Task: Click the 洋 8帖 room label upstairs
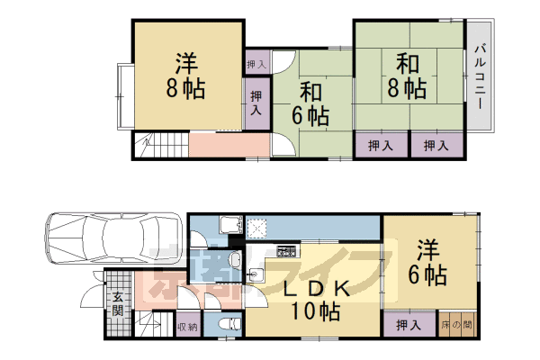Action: tap(186, 76)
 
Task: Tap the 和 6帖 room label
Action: tap(310, 104)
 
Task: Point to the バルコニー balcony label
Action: tap(481, 76)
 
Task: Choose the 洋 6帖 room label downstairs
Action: tap(428, 262)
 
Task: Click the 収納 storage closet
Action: tap(187, 326)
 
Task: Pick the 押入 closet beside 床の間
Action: tap(409, 324)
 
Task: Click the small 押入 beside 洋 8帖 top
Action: tap(256, 64)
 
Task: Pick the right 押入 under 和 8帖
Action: tap(436, 144)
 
